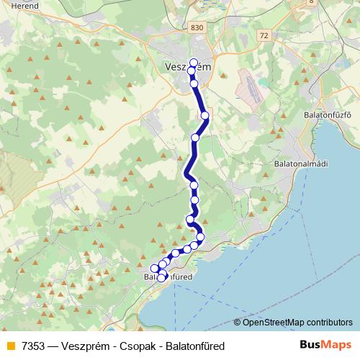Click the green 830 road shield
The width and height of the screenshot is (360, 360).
coord(197,27)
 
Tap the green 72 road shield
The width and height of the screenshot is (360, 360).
coord(264,35)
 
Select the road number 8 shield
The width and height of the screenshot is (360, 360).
coord(310,2)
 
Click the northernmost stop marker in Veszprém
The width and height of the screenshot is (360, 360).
coord(193,62)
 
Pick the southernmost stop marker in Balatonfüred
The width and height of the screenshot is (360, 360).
coord(161,278)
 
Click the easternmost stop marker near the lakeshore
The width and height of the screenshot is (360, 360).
coord(200,237)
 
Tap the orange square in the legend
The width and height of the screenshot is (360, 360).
coord(9,346)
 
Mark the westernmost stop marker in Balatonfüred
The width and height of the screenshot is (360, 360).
coord(154,269)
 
